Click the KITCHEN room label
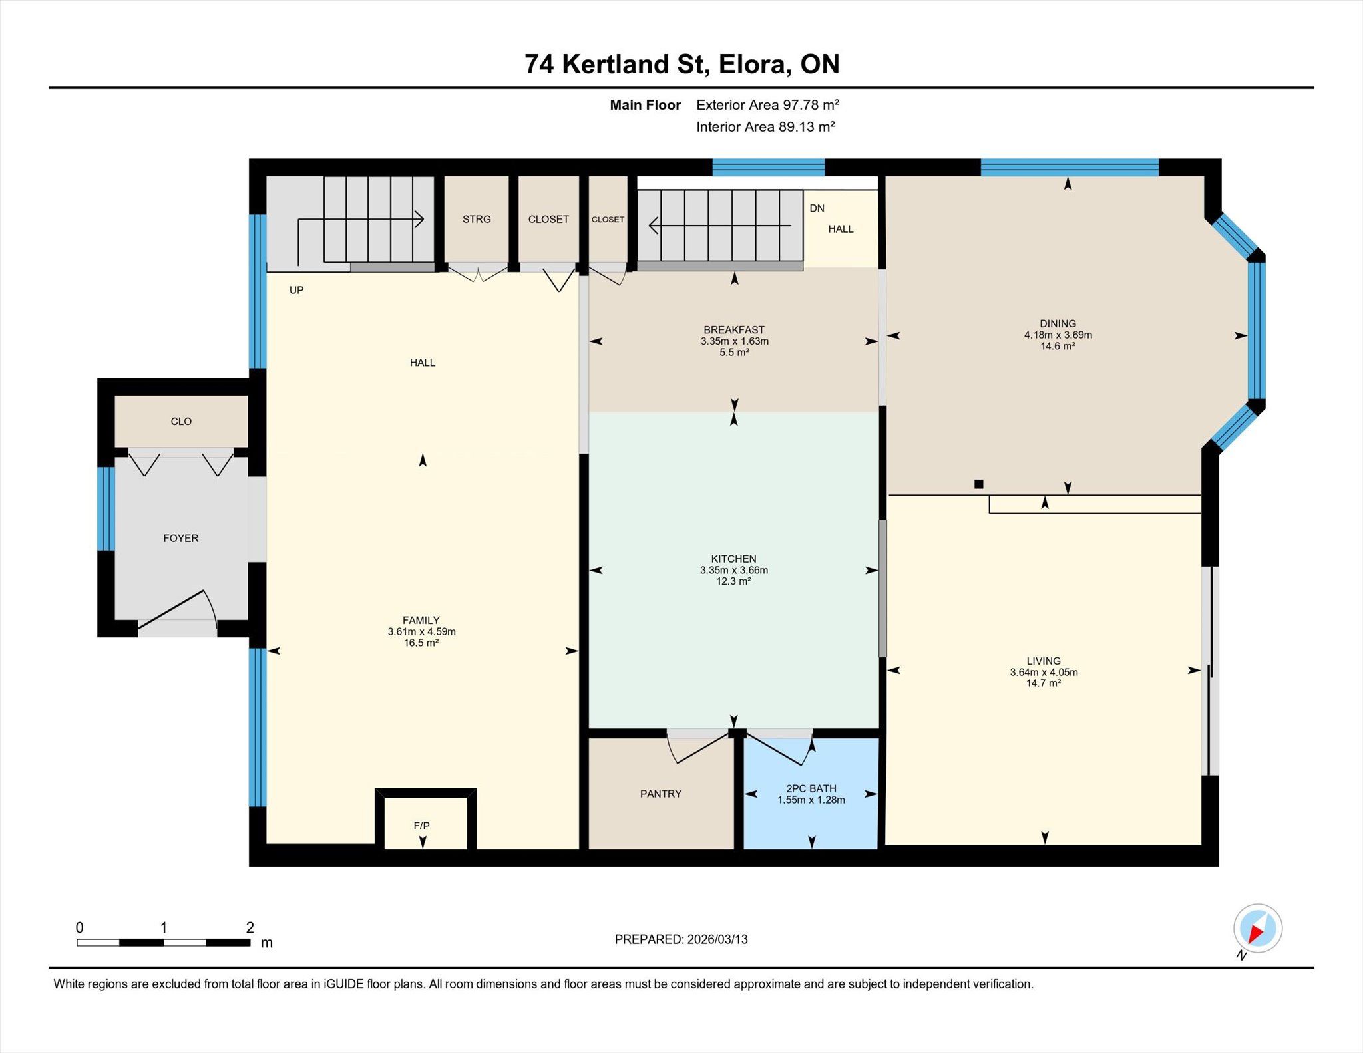coord(733,559)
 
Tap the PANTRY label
coord(661,794)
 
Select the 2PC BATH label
coord(811,788)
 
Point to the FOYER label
coord(181,538)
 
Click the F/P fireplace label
coord(421,826)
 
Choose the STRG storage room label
coord(477,219)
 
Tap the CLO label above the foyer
coord(181,421)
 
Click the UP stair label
coord(296,290)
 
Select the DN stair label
coord(817,208)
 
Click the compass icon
coord(1257,929)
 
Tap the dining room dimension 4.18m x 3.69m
coord(1058,335)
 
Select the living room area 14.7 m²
coord(1044,683)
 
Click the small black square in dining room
coord(978,484)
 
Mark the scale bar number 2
coord(250,927)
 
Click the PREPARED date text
coord(681,939)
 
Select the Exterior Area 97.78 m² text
coord(767,104)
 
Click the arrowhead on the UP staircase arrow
coord(419,219)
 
